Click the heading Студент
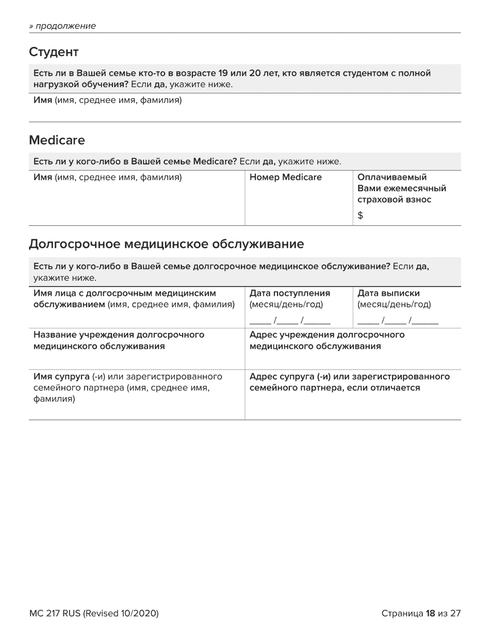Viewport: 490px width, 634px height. click(54, 52)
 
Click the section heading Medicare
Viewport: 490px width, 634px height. click(57, 140)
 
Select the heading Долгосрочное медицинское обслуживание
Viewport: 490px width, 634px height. click(166, 244)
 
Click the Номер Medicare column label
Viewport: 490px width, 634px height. click(285, 177)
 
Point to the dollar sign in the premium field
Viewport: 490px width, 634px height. click(361, 216)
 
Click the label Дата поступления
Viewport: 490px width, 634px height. click(289, 293)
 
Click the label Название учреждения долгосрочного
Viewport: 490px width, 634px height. click(119, 335)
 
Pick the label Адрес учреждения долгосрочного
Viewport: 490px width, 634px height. click(327, 335)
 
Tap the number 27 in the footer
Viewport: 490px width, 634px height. click(455, 613)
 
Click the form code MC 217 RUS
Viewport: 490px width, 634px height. click(55, 613)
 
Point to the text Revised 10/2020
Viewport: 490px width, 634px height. click(121, 613)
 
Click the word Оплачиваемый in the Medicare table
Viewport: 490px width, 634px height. click(392, 177)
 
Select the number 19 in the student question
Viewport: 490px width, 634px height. click(223, 74)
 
